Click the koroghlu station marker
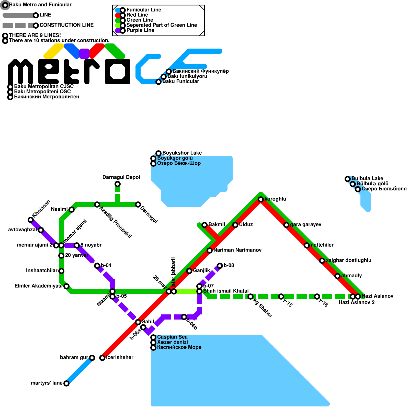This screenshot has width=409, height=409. (x=261, y=199)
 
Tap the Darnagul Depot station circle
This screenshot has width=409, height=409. (x=118, y=184)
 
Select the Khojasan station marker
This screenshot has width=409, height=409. (x=31, y=220)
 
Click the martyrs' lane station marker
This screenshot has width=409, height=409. (x=66, y=383)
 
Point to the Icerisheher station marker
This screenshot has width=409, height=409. (x=102, y=358)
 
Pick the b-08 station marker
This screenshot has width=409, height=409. (x=220, y=266)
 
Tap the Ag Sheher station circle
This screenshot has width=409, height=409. (x=251, y=297)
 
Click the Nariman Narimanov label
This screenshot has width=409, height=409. (x=237, y=250)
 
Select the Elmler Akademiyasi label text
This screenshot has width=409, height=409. (x=38, y=286)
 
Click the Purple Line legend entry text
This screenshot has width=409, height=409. (x=140, y=30)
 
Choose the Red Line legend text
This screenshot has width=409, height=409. (x=137, y=15)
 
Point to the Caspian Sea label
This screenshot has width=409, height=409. (x=172, y=337)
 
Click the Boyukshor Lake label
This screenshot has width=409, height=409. (x=182, y=153)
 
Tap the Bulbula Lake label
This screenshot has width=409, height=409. (x=367, y=178)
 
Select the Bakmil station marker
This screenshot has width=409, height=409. (x=204, y=225)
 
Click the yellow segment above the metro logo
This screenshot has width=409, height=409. (x=53, y=51)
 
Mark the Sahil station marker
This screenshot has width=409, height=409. (x=138, y=322)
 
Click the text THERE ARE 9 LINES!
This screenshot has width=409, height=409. (x=35, y=35)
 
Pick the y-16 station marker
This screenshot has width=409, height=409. (x=317, y=297)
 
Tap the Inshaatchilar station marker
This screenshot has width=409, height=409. (x=61, y=271)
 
